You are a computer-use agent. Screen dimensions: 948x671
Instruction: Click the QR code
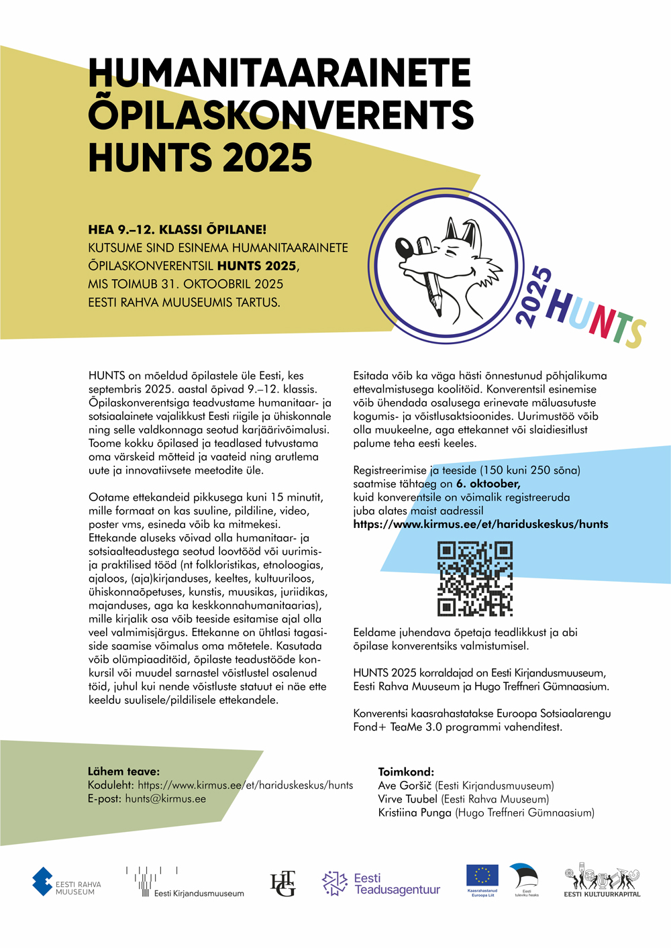point(475,578)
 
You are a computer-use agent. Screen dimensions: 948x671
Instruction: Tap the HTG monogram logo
point(282,884)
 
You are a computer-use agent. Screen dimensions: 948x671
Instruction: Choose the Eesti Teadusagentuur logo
point(381,884)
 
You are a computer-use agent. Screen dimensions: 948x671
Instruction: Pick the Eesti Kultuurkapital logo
point(602,882)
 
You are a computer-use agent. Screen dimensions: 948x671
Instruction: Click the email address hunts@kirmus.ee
point(165,798)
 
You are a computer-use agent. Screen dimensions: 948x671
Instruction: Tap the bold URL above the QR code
point(480,524)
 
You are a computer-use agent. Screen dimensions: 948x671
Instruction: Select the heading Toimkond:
point(406,772)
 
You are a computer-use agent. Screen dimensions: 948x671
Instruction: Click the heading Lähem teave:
point(123,772)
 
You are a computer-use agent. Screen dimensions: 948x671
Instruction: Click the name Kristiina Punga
point(415,812)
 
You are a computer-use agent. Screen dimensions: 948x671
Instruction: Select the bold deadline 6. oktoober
point(488,484)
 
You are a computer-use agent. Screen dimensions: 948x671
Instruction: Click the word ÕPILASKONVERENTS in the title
point(281,115)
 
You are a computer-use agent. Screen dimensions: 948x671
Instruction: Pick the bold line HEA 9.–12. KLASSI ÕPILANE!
point(177,229)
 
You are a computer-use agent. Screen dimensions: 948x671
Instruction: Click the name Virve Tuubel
point(407,799)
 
